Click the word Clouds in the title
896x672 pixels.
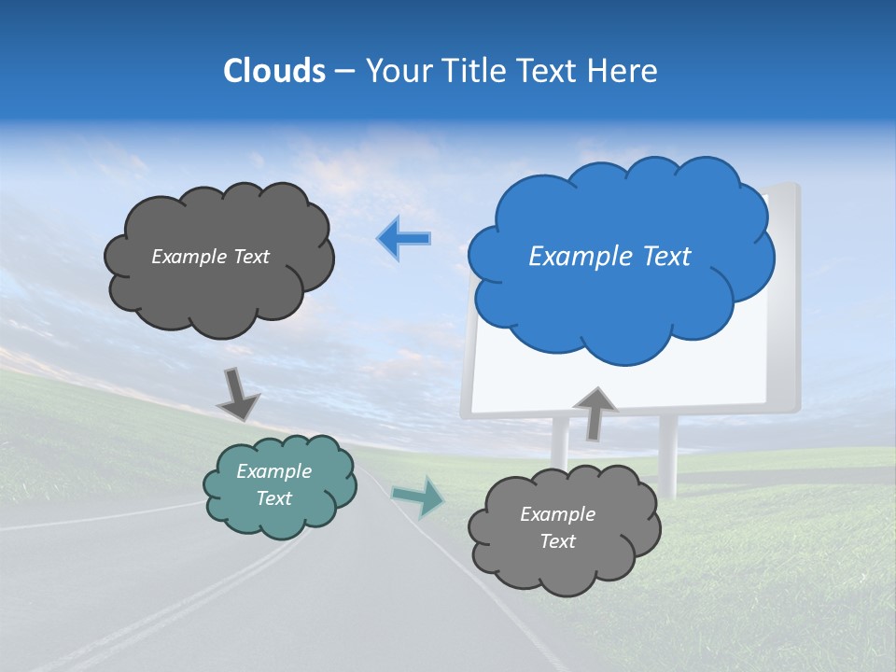coord(273,71)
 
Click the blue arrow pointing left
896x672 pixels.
coord(403,239)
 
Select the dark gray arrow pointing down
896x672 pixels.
coord(238,394)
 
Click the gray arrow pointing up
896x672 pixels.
coord(595,412)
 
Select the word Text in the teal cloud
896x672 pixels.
coord(274,499)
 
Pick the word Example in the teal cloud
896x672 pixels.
coord(274,472)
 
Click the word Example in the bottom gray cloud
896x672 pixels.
coord(557,514)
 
